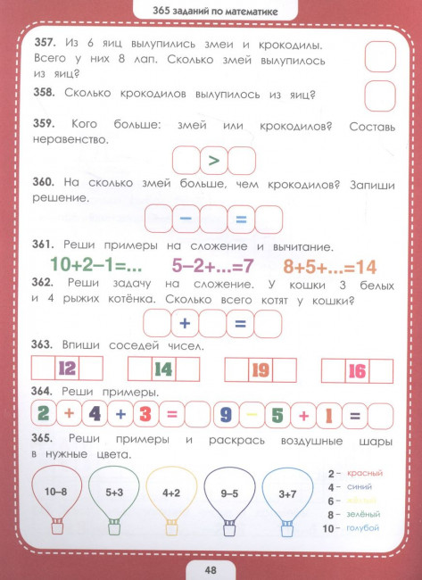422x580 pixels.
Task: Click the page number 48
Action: (211, 566)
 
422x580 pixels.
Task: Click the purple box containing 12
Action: (67, 369)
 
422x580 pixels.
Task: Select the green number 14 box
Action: (163, 369)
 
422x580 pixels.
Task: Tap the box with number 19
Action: (261, 369)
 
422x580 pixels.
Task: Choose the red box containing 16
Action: (357, 369)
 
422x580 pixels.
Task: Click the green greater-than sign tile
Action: (213, 161)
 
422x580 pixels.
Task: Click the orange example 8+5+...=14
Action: (330, 265)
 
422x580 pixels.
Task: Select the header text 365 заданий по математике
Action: (211, 11)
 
